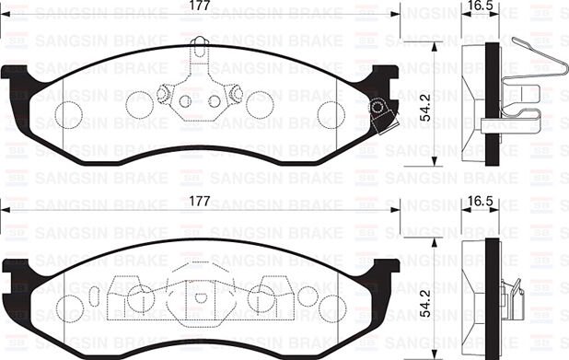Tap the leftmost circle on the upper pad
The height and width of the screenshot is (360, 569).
69,114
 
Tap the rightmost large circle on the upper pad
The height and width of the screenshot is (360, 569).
331,114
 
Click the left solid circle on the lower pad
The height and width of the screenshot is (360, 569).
139,297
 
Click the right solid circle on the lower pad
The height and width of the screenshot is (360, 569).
261,297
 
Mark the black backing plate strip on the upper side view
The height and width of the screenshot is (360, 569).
494,92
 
